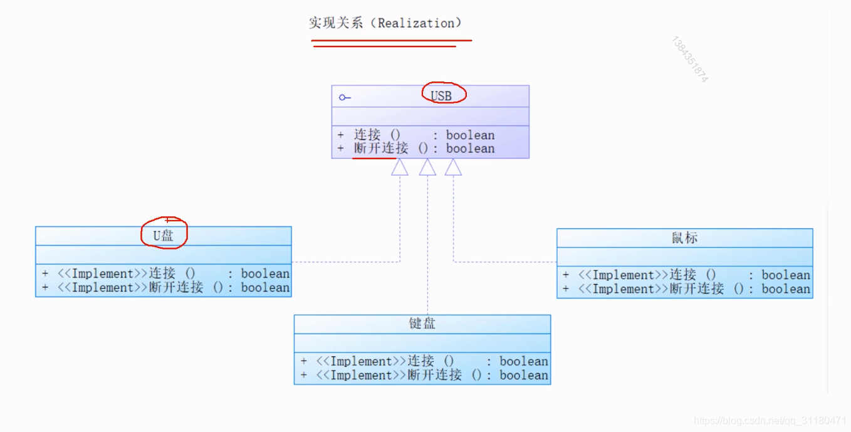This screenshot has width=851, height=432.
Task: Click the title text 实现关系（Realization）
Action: (385, 23)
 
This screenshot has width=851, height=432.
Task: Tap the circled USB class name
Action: (441, 96)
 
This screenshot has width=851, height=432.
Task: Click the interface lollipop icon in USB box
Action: (345, 98)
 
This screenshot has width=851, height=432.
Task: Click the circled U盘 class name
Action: (164, 236)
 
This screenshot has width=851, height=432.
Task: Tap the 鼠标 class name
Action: (684, 238)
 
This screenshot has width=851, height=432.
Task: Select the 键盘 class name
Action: (422, 324)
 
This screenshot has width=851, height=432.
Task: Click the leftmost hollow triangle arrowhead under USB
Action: (400, 167)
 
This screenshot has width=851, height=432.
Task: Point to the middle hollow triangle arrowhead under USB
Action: (427, 167)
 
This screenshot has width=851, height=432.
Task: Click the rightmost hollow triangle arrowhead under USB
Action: (453, 167)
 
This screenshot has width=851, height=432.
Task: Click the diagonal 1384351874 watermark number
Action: (689, 60)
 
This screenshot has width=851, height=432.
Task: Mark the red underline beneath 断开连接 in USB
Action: (374, 158)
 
